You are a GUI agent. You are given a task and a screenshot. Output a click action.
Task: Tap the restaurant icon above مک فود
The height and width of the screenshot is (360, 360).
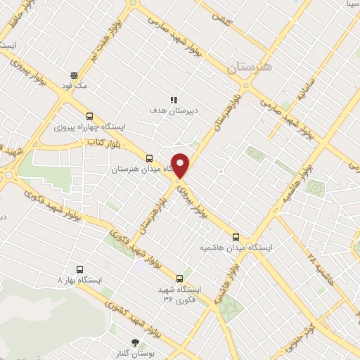click(74, 75)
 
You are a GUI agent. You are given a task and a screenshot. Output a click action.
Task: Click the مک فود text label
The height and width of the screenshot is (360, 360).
click(74, 85)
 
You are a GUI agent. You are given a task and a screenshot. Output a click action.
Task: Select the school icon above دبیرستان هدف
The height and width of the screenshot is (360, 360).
click(173, 101)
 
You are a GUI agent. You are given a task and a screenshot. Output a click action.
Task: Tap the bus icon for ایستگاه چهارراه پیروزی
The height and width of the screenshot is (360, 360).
click(89, 117)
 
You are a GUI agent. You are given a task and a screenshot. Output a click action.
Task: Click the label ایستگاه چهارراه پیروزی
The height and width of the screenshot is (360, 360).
click(89, 127)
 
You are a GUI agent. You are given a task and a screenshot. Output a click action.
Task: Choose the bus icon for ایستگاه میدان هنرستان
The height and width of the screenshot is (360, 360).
click(148, 159)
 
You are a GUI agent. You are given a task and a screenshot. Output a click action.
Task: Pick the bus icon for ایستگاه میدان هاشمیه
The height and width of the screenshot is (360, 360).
click(236, 237)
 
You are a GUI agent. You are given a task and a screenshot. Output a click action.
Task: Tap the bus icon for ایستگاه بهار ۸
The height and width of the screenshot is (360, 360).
click(79, 269)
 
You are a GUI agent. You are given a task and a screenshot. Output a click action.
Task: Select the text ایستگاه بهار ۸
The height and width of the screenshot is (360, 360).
click(79, 279)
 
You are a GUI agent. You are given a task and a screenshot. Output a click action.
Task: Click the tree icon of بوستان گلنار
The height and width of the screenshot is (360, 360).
click(135, 342)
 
